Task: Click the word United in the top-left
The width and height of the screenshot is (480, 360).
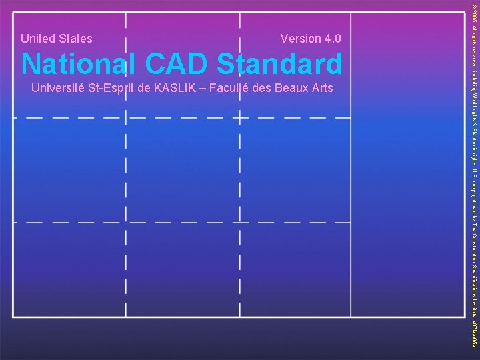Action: (39, 39)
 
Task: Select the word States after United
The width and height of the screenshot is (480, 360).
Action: (75, 39)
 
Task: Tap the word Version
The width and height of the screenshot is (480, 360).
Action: (301, 39)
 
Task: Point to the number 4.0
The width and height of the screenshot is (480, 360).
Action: (333, 39)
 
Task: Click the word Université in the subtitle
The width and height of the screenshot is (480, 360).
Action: (57, 89)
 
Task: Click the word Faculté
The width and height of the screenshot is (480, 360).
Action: (229, 89)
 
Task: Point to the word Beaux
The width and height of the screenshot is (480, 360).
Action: (290, 89)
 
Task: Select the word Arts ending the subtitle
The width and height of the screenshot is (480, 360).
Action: (322, 89)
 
